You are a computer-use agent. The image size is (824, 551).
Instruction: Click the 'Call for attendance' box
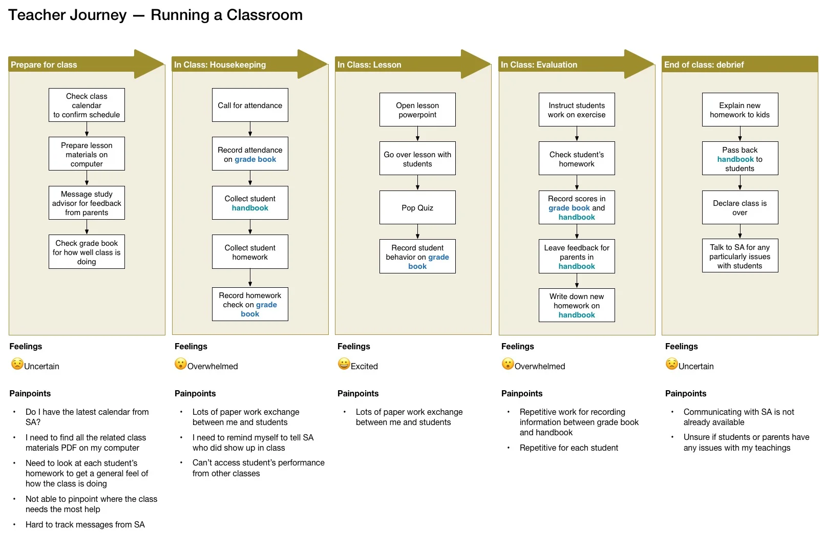250,105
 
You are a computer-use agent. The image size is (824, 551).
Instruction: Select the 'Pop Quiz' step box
417,207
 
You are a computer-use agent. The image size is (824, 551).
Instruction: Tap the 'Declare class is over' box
740,207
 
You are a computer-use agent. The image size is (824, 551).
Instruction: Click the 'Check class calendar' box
87,105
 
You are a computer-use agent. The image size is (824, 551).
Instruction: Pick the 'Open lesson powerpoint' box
417,110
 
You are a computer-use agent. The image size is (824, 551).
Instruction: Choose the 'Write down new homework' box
577,305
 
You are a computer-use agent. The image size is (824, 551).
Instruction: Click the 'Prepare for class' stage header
44,65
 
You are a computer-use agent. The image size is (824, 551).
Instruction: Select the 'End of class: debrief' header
704,65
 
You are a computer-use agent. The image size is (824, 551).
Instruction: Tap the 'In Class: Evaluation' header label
539,65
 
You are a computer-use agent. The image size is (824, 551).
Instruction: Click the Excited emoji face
344,364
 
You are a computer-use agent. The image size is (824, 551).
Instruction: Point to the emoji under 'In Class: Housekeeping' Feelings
180,364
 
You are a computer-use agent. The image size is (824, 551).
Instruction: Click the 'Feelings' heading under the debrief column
681,346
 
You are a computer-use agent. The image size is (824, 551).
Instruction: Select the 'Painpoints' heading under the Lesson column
358,393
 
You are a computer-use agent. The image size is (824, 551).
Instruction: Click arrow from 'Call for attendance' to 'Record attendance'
250,129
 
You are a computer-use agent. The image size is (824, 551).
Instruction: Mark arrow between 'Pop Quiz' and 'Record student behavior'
417,231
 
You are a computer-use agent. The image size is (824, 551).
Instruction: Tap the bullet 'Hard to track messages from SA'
85,524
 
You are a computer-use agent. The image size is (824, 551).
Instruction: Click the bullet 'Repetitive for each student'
568,448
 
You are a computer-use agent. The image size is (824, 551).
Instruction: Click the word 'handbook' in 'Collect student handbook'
250,208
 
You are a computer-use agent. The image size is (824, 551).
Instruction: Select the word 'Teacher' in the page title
38,15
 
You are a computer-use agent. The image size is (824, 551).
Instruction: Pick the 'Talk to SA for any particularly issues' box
740,256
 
